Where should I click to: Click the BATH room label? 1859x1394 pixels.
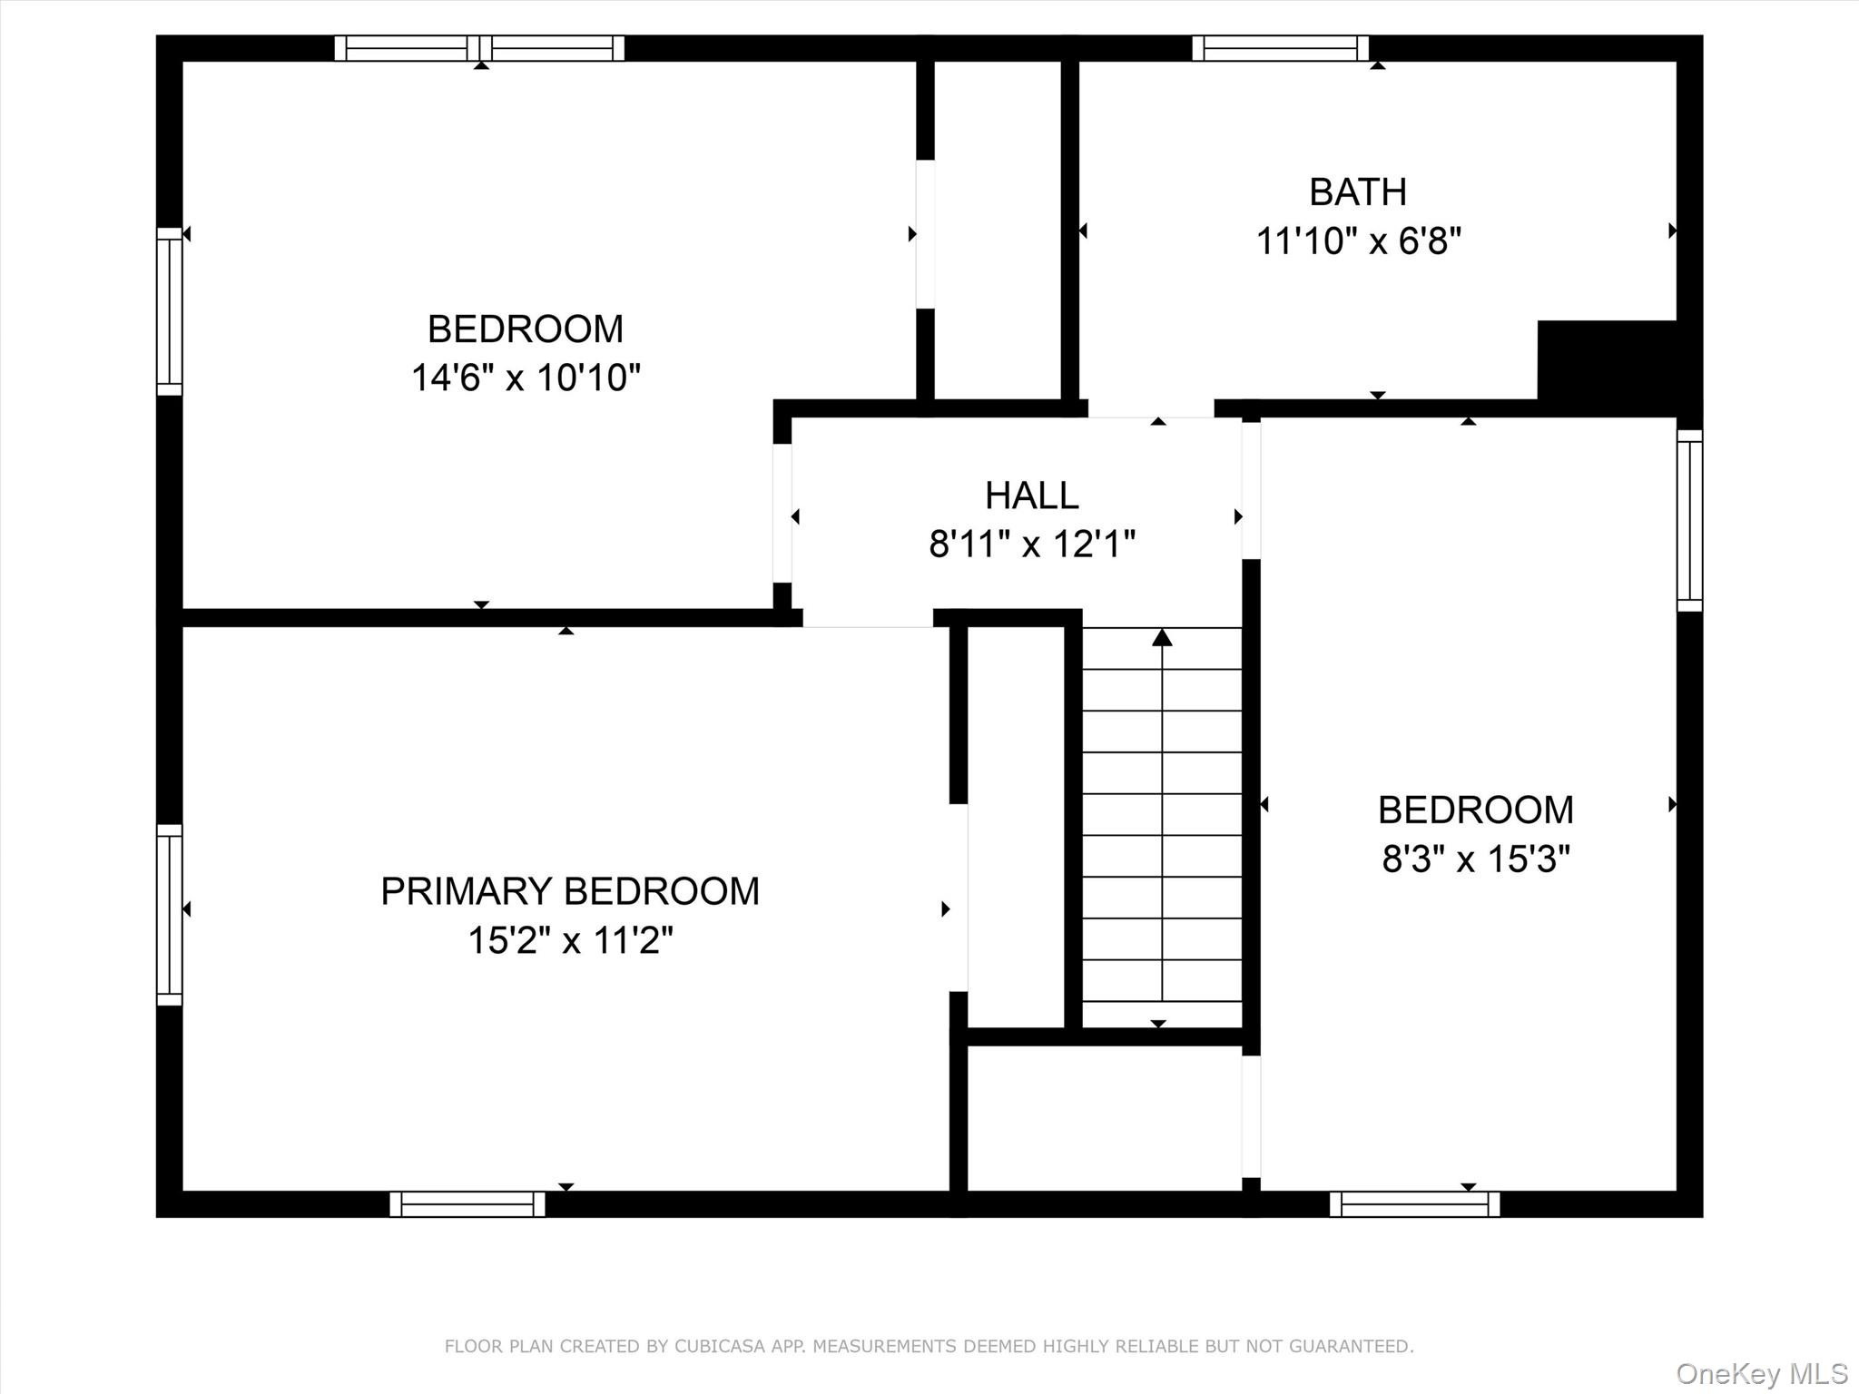[x=1358, y=192]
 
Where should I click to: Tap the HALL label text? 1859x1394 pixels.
[x=1032, y=496]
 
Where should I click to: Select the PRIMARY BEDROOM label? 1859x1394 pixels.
[x=570, y=891]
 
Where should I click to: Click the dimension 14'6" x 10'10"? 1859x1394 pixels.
[x=526, y=378]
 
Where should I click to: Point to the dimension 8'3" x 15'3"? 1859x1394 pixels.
[x=1475, y=859]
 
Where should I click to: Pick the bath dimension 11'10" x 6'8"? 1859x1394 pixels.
[x=1358, y=242]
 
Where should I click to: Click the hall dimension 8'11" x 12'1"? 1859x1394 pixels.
[x=1032, y=545]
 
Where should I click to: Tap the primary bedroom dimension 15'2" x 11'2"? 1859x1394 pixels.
[x=570, y=940]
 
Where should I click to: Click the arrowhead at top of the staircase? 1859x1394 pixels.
[x=1162, y=638]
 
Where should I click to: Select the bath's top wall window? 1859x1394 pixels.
[x=1280, y=48]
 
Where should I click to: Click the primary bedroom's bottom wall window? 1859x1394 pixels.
[x=467, y=1204]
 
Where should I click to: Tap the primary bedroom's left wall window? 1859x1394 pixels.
[x=170, y=915]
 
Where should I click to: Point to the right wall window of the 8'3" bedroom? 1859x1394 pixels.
[x=1689, y=520]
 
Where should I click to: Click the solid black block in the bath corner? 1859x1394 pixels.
[x=1607, y=359]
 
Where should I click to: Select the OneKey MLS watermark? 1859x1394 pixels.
[x=1761, y=1373]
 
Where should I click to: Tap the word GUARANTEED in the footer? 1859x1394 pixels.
[x=1352, y=1346]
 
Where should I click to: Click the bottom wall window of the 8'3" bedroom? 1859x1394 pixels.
[x=1414, y=1204]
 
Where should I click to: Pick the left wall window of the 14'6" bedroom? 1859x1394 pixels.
[x=170, y=311]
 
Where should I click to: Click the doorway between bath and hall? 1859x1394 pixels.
[x=1151, y=408]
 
